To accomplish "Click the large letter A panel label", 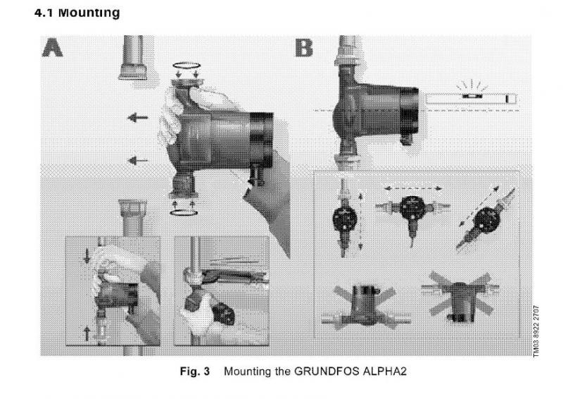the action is [52, 48].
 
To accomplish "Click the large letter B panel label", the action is [304, 48].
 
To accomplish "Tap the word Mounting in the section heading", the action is [89, 13].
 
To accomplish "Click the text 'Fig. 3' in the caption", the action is [195, 371].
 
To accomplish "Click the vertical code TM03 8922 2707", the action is [536, 331].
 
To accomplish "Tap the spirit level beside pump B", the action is [471, 98].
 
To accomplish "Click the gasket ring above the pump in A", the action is [186, 66].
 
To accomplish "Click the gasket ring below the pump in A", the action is [184, 213].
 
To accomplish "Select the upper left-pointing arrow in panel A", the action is [138, 117].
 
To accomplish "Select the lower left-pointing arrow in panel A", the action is [138, 161].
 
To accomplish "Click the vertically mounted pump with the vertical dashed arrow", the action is [344, 218].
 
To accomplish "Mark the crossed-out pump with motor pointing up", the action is [365, 307].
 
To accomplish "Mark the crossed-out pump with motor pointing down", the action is [461, 297].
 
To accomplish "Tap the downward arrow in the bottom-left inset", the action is [87, 255].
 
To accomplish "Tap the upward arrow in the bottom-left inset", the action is [87, 333].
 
